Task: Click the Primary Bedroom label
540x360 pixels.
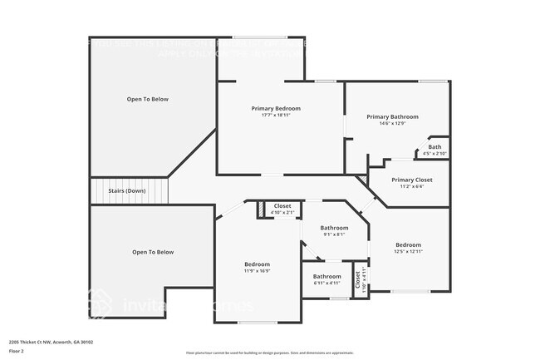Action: click(x=276, y=109)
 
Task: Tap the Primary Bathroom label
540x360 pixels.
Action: click(x=392, y=116)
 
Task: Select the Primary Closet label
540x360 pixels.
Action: click(x=412, y=180)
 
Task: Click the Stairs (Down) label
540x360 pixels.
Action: click(x=127, y=190)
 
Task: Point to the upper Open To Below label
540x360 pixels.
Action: click(x=147, y=99)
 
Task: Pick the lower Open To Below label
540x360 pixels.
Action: click(x=153, y=252)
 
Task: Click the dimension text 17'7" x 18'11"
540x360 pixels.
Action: click(x=276, y=116)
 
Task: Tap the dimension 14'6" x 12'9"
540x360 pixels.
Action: click(x=392, y=123)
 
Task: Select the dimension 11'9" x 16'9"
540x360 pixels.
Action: click(x=257, y=270)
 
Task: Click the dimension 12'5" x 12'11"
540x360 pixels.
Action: click(x=408, y=251)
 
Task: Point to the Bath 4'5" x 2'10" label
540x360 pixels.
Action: click(x=434, y=150)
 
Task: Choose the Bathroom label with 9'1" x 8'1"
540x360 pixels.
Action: click(x=335, y=228)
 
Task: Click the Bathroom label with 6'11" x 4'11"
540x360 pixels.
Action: click(x=326, y=276)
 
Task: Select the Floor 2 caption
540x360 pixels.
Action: click(x=17, y=351)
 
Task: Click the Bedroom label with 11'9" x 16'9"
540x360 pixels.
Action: click(x=257, y=264)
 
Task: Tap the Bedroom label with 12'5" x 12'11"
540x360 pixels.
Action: click(x=408, y=244)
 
